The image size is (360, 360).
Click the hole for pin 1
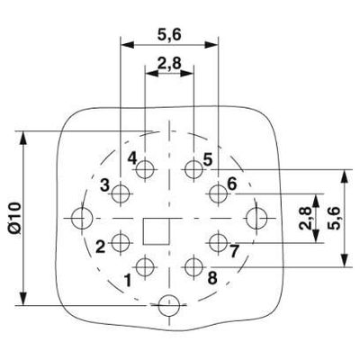(145, 266)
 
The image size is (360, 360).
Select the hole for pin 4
(145, 170)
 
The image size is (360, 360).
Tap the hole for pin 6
(218, 194)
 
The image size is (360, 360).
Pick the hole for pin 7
(218, 242)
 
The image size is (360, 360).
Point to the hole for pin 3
(121, 194)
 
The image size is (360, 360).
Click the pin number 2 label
(101, 247)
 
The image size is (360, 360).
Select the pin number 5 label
(207, 159)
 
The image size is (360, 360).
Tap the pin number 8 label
(212, 278)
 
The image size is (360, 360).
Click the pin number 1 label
(128, 281)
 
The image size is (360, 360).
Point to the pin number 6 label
(232, 184)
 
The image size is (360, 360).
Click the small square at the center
(156, 231)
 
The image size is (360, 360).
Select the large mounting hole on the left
(82, 218)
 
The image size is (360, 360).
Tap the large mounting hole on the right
(256, 218)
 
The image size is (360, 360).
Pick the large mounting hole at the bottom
(169, 306)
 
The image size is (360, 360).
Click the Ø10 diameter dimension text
(14, 218)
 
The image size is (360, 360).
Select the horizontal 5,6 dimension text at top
(169, 35)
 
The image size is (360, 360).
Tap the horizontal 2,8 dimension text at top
(169, 63)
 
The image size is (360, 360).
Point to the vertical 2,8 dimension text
(306, 218)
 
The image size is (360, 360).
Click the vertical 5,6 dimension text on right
(334, 218)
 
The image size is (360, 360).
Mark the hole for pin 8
(193, 266)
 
